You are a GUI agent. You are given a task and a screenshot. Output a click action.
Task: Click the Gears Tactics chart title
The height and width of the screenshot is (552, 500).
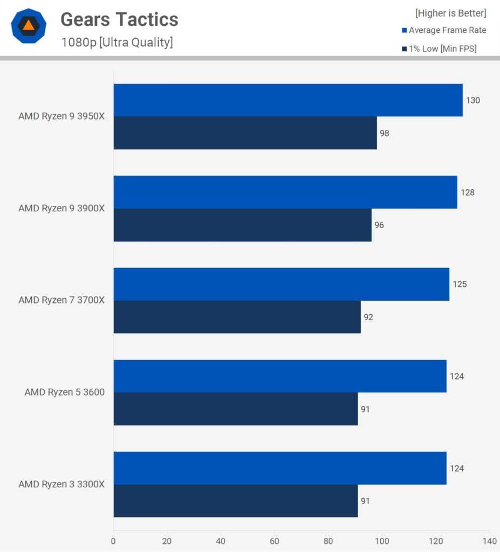click(119, 20)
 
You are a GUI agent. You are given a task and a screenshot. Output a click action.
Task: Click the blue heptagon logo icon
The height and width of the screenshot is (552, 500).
click(29, 26)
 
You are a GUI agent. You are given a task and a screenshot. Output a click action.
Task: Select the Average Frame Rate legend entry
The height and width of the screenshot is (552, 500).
click(444, 30)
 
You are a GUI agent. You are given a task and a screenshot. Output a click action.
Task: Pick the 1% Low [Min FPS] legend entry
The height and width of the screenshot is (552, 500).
click(439, 49)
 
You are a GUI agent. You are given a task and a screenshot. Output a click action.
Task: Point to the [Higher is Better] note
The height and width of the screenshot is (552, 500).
click(450, 13)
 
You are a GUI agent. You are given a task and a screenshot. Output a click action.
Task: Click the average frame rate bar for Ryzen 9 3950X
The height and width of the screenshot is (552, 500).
click(287, 100)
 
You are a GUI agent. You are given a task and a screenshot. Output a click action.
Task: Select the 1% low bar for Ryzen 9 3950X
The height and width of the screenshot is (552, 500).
click(245, 133)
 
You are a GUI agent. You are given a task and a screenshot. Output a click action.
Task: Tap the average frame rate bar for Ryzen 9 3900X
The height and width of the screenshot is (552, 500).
click(285, 192)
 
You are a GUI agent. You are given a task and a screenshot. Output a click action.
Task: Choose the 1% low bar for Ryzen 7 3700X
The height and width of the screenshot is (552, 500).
click(237, 317)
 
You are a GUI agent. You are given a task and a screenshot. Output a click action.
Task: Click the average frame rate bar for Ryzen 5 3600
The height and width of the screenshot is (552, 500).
click(279, 376)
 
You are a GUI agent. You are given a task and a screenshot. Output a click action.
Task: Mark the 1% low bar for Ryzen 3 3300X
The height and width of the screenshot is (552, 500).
click(235, 501)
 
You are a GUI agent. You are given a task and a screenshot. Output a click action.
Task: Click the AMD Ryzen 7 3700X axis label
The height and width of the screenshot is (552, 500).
click(61, 300)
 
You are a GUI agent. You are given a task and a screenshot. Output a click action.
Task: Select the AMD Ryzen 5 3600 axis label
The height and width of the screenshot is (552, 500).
click(65, 392)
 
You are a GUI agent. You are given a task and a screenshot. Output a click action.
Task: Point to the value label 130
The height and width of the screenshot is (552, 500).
click(473, 100)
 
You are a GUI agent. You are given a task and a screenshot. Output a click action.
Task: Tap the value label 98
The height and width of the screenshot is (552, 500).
click(384, 133)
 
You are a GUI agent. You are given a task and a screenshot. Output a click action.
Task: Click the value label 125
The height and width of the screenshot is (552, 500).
click(460, 284)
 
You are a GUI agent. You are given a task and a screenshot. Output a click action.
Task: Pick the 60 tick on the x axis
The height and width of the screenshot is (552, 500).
click(275, 541)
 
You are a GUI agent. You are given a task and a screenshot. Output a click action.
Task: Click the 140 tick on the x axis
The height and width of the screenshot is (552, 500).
click(489, 541)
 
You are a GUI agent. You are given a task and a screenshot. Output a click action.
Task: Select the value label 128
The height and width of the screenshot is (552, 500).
click(468, 192)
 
